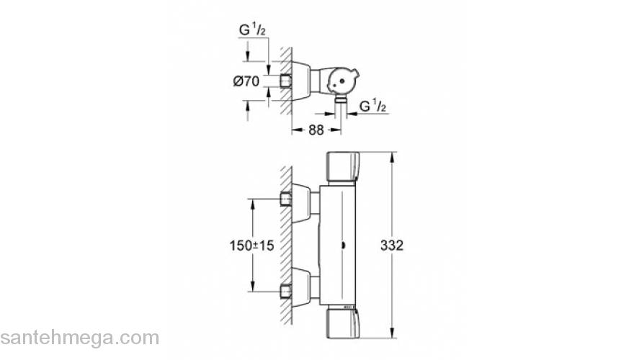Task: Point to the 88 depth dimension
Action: click(316, 130)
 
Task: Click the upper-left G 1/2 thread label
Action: click(254, 30)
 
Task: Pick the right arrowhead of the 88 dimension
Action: click(336, 130)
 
